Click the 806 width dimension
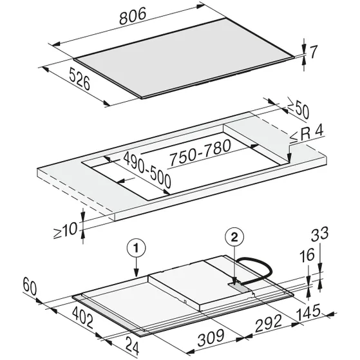point(133,15)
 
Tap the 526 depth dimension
point(79,79)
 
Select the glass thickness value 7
point(314,52)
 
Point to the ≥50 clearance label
point(298,111)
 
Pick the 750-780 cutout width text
point(200,152)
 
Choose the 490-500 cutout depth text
point(147,169)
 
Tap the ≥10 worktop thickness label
point(65,231)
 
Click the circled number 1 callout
point(137,249)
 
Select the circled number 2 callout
point(234,238)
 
